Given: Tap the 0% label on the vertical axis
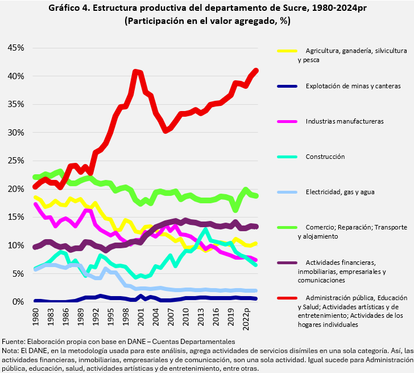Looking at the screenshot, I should click(18, 302).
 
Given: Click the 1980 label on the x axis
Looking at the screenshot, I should click(36, 316).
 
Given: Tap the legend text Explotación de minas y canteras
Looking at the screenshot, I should click(353, 86).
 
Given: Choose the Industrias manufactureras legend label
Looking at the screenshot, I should click(345, 121).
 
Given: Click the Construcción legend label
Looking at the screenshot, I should click(325, 157).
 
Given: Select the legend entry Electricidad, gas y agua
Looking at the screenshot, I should click(340, 192).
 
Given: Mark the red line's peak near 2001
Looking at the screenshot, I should click(135, 71).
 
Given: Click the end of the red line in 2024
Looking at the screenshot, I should click(256, 71).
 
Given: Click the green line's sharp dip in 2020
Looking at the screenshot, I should click(235, 210).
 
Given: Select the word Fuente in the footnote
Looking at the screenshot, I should click(14, 341).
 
